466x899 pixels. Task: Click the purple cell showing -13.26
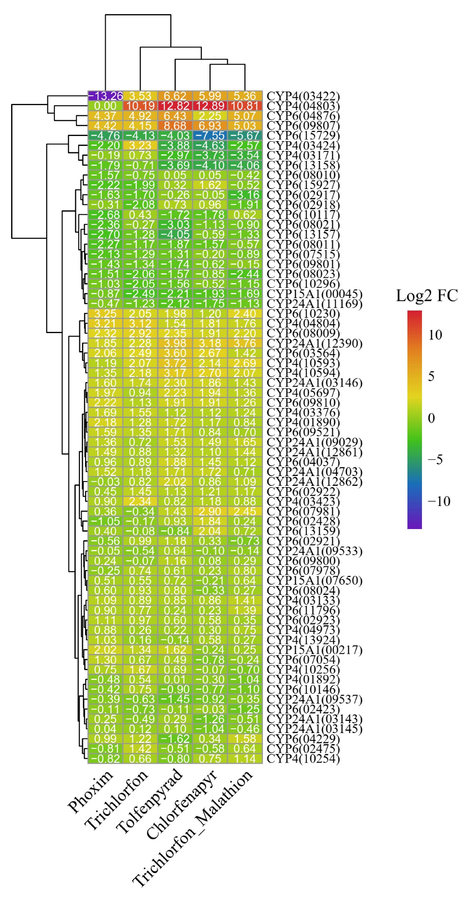click(x=105, y=96)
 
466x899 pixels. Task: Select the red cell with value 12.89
click(x=210, y=106)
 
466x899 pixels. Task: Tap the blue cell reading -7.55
click(x=210, y=136)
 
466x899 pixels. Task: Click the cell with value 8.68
click(x=175, y=126)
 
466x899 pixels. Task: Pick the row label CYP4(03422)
click(x=303, y=96)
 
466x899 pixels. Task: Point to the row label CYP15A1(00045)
click(x=314, y=294)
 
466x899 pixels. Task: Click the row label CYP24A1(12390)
click(x=314, y=344)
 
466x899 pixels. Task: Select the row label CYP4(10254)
click(x=303, y=759)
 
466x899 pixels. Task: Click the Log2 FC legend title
click(x=427, y=296)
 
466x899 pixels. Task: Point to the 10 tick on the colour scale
click(x=435, y=335)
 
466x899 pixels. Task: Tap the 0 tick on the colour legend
click(x=431, y=418)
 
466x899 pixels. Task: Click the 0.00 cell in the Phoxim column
click(x=105, y=106)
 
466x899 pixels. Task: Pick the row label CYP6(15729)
click(x=303, y=136)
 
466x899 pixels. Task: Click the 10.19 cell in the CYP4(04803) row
click(x=140, y=106)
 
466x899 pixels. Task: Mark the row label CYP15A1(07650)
click(x=314, y=581)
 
